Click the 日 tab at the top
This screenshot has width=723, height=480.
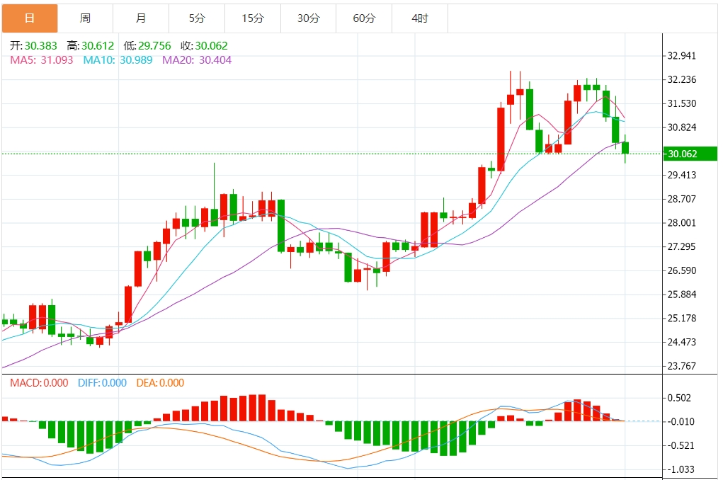point(29,18)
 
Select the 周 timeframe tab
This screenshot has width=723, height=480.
point(85,18)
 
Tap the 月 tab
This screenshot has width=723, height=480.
point(141,18)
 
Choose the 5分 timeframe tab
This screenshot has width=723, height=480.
point(196,18)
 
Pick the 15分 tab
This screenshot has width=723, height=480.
point(252,18)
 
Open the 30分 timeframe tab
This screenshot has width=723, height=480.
point(308,18)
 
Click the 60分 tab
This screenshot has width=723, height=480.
point(364,18)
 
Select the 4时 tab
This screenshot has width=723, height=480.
point(420,18)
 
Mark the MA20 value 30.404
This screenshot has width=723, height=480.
point(212,60)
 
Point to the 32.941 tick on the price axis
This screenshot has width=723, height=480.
point(682,56)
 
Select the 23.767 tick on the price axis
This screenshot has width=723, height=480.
point(682,366)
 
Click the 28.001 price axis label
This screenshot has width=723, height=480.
point(682,223)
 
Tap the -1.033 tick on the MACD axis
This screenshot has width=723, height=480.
point(682,469)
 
